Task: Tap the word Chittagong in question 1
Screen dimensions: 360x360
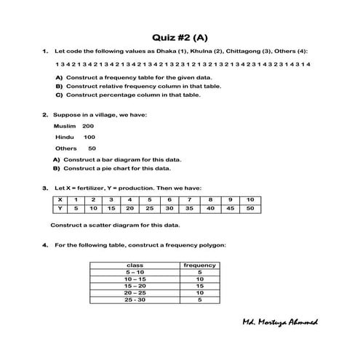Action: tap(243, 51)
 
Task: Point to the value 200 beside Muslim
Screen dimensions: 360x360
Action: tap(88, 126)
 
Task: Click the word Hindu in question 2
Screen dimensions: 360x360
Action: tap(65, 137)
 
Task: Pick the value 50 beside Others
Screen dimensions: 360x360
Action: tap(92, 148)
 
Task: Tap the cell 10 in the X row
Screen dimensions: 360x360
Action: tap(249, 199)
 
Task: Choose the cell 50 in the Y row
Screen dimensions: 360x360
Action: tap(249, 207)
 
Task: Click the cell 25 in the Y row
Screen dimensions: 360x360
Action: tap(149, 207)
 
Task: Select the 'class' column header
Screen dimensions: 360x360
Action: tap(135, 265)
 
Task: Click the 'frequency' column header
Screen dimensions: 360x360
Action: tap(199, 265)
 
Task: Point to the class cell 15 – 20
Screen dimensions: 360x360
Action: tap(135, 285)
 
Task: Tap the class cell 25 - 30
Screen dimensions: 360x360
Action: tap(135, 299)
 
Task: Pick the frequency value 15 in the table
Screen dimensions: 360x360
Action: tap(199, 285)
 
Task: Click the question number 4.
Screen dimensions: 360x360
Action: tap(45, 244)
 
